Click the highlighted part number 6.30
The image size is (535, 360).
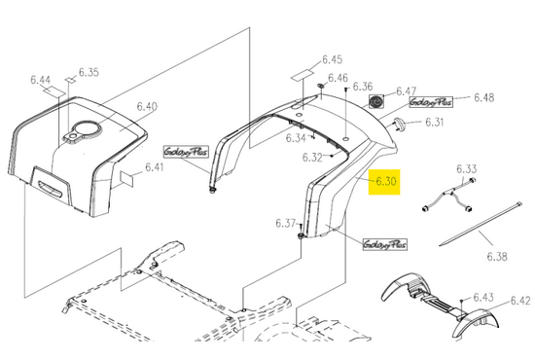click(386, 181)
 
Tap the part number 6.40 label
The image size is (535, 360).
click(147, 106)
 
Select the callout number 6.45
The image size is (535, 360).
click(333, 59)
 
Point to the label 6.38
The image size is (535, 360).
click(497, 256)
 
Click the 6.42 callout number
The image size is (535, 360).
click(520, 301)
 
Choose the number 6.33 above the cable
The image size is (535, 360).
click(467, 168)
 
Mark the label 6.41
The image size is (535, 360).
click(155, 167)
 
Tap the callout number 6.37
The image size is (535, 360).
click(285, 223)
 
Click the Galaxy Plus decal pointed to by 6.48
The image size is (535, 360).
click(431, 102)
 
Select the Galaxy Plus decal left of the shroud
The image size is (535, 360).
click(186, 152)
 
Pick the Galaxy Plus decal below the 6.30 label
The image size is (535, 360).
click(385, 244)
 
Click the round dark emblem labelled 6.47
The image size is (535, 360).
click(376, 102)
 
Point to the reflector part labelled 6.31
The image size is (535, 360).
click(400, 123)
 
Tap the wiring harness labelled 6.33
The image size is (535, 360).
click(448, 196)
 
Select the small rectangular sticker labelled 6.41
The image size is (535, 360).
click(126, 178)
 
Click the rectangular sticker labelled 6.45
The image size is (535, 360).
click(303, 75)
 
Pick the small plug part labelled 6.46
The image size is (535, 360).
click(321, 85)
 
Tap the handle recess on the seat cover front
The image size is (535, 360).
click(50, 189)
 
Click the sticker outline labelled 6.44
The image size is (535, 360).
click(53, 91)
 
